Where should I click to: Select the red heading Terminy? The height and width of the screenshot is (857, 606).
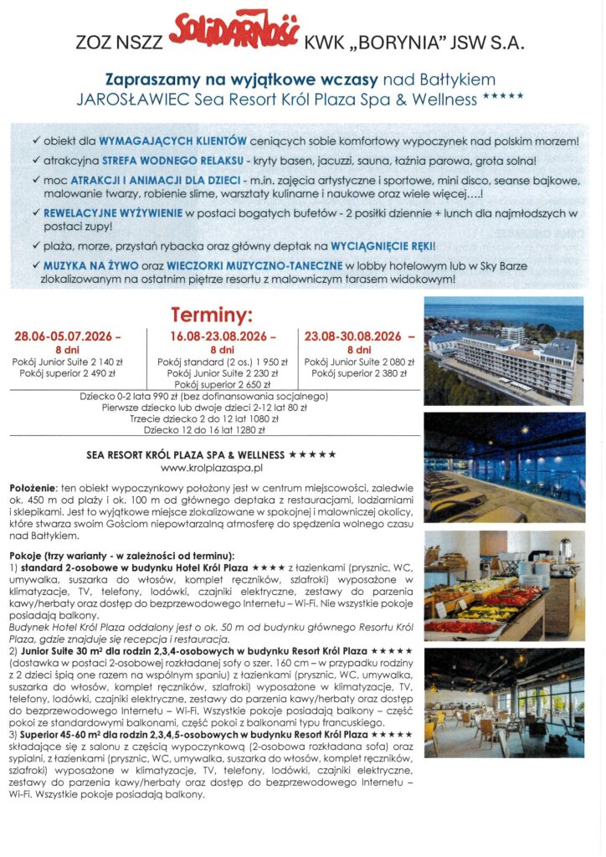(x=211, y=316)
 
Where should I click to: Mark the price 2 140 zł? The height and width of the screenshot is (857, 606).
(x=105, y=361)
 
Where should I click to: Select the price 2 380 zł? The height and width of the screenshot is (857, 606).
(x=389, y=373)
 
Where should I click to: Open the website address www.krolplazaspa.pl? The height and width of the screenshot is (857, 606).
(x=212, y=468)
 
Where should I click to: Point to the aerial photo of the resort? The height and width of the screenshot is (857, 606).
(x=504, y=352)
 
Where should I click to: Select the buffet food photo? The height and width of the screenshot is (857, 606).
(x=504, y=584)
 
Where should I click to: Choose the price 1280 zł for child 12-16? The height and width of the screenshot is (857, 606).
(x=247, y=430)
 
